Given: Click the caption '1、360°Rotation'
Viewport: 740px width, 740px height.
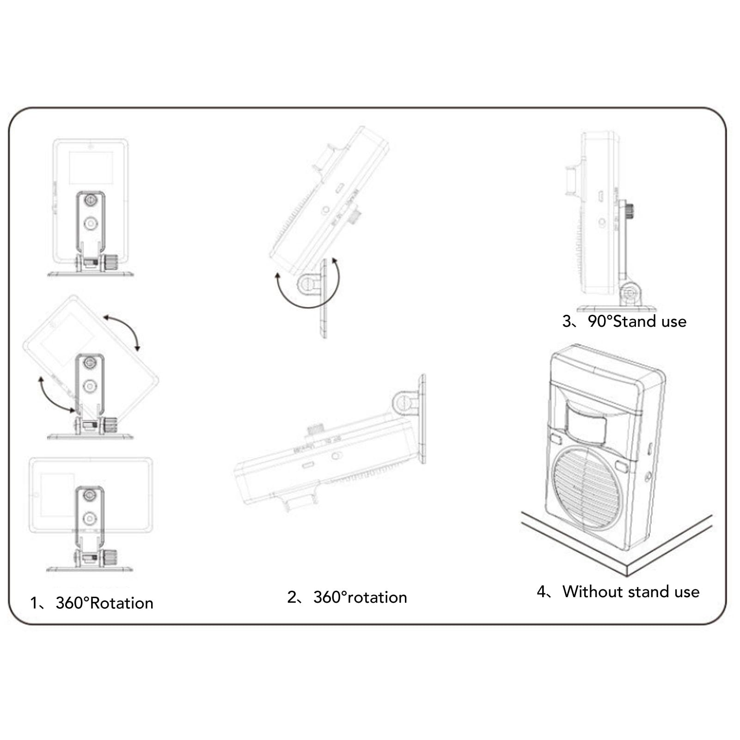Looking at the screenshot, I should point(92,603).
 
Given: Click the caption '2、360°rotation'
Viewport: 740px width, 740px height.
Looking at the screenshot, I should point(347,597).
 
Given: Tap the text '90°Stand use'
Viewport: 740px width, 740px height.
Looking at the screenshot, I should point(636,321).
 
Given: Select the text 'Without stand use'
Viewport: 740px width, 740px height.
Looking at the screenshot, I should point(630,592).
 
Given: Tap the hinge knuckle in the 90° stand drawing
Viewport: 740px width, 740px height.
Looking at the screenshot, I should point(629,294).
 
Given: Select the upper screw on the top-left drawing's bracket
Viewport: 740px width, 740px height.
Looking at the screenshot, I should point(91,201).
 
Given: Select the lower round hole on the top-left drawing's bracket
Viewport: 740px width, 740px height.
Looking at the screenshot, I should point(91,224).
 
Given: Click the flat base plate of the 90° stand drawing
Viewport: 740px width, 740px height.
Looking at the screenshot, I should point(616,308).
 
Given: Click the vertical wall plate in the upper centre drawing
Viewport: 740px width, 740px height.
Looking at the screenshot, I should point(323,298).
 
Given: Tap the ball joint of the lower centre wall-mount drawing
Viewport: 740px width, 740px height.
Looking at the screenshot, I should point(405,402).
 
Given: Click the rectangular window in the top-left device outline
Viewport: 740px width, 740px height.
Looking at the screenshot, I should point(91,167).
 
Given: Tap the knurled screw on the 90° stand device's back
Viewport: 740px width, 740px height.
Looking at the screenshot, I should point(630,211).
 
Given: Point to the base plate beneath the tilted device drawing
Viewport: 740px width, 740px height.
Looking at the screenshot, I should point(90,436).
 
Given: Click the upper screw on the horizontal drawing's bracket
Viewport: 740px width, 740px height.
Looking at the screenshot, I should point(89,495).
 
